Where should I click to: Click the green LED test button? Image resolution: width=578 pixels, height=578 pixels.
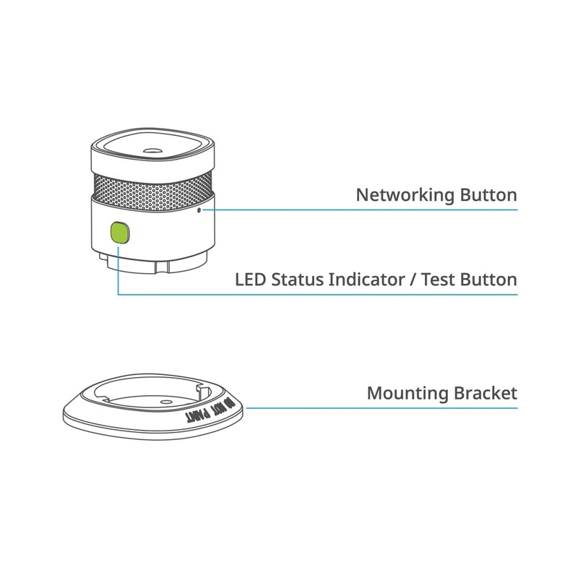pos(120,233)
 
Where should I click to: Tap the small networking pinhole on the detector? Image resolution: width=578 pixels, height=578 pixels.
pos(199,210)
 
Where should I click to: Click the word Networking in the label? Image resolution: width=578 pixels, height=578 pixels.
pos(405,195)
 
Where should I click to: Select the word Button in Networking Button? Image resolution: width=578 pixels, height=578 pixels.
pos(488,194)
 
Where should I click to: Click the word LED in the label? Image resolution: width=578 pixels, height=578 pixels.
pos(250,280)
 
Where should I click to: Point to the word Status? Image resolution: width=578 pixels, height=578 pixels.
pos(298,280)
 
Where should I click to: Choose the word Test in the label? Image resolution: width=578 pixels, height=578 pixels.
pos(438,280)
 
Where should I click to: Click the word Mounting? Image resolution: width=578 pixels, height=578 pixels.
pos(407,394)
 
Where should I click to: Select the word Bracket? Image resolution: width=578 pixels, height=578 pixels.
pos(486,393)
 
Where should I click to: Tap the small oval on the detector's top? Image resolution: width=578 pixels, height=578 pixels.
pos(152,150)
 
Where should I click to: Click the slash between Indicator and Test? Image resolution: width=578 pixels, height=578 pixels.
pos(413,280)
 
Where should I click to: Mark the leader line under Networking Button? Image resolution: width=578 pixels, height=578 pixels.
pos(360,210)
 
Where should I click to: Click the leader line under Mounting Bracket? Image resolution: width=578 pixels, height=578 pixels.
pos(382,408)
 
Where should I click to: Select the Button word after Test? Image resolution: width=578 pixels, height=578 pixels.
pos(488,280)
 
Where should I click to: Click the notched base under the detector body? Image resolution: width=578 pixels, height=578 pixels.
pos(152,262)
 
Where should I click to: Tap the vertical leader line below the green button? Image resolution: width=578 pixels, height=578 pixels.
pos(118,270)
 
